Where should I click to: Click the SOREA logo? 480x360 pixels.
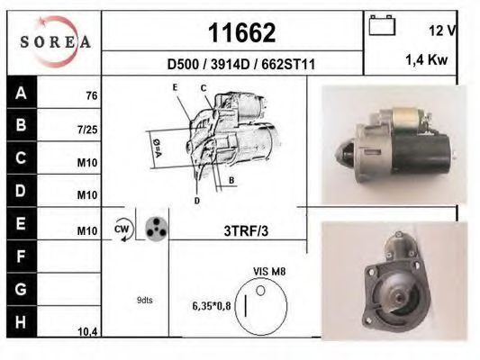click(x=56, y=42)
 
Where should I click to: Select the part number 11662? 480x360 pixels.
click(x=242, y=32)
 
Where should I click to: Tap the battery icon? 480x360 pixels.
click(x=382, y=25)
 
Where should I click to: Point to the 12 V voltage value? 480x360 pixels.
click(x=442, y=31)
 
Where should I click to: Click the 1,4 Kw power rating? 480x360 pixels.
click(x=427, y=59)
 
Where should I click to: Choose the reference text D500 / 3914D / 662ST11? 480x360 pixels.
click(x=241, y=65)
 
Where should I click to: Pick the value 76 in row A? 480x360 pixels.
click(x=92, y=95)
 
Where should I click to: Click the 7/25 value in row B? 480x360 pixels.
click(x=87, y=130)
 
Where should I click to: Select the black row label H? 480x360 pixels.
click(x=21, y=322)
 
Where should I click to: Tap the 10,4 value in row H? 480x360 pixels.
click(x=87, y=331)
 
